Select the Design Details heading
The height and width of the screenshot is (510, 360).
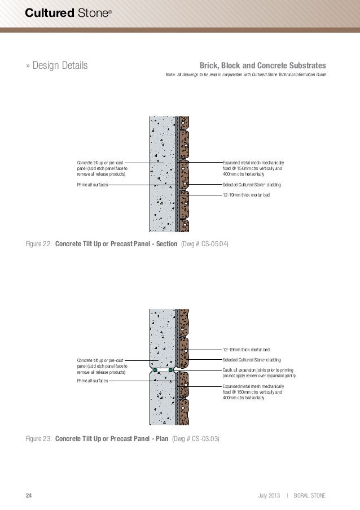(57, 66)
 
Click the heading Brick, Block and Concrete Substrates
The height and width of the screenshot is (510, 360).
(267, 66)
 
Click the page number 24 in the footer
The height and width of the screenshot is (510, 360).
(29, 496)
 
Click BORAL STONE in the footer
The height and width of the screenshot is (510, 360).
(310, 496)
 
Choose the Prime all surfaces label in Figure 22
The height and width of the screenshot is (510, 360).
(93, 185)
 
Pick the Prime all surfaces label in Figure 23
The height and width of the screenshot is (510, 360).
(93, 381)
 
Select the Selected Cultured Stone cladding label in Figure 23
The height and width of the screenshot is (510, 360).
(252, 360)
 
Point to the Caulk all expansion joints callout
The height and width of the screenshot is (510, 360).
(258, 372)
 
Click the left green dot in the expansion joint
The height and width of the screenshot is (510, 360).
(154, 370)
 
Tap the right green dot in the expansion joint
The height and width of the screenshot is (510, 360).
(170, 370)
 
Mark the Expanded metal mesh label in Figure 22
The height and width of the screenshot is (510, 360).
(253, 168)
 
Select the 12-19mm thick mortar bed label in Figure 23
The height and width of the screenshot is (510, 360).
(246, 350)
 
